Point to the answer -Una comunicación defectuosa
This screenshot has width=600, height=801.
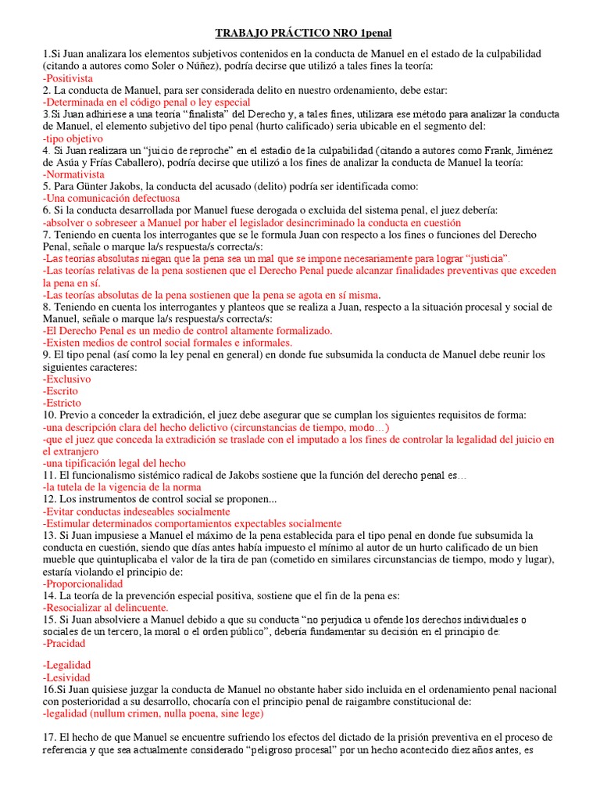(x=111, y=199)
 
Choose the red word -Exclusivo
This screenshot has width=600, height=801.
(x=67, y=379)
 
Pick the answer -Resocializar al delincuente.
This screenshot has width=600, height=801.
(x=105, y=607)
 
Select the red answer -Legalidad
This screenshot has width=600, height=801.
(x=67, y=665)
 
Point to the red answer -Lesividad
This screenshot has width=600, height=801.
(x=67, y=677)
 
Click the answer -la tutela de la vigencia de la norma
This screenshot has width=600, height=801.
(x=123, y=487)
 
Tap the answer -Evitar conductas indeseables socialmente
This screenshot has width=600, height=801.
(x=137, y=511)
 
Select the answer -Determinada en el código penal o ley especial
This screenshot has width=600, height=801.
(x=147, y=102)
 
